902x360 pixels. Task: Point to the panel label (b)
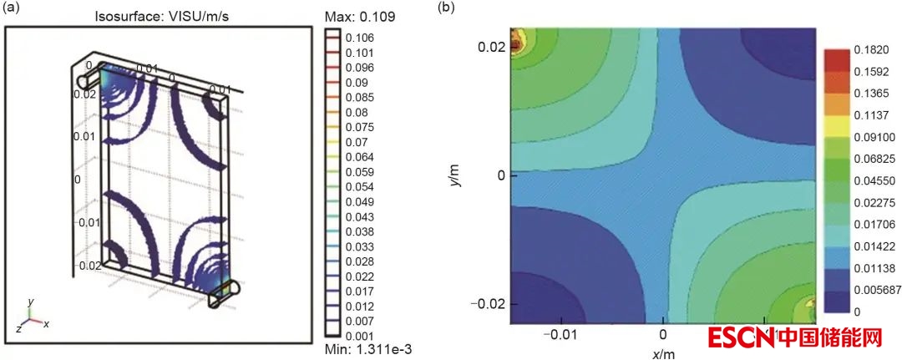coord(448,8)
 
